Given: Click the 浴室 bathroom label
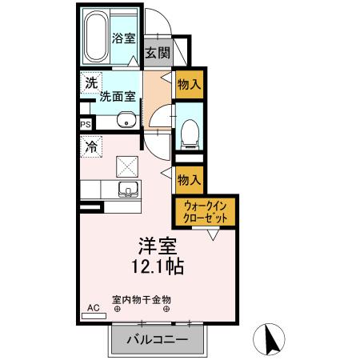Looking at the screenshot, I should click(123, 37).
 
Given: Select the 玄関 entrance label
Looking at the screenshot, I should click(158, 53).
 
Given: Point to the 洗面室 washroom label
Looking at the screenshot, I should click(116, 98).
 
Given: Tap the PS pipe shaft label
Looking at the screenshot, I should click(86, 124).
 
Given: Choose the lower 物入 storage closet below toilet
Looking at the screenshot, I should click(189, 179).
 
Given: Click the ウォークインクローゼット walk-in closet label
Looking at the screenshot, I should click(204, 211).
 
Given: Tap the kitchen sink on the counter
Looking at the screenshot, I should click(127, 190).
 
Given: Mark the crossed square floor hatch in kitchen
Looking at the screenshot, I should click(127, 166).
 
